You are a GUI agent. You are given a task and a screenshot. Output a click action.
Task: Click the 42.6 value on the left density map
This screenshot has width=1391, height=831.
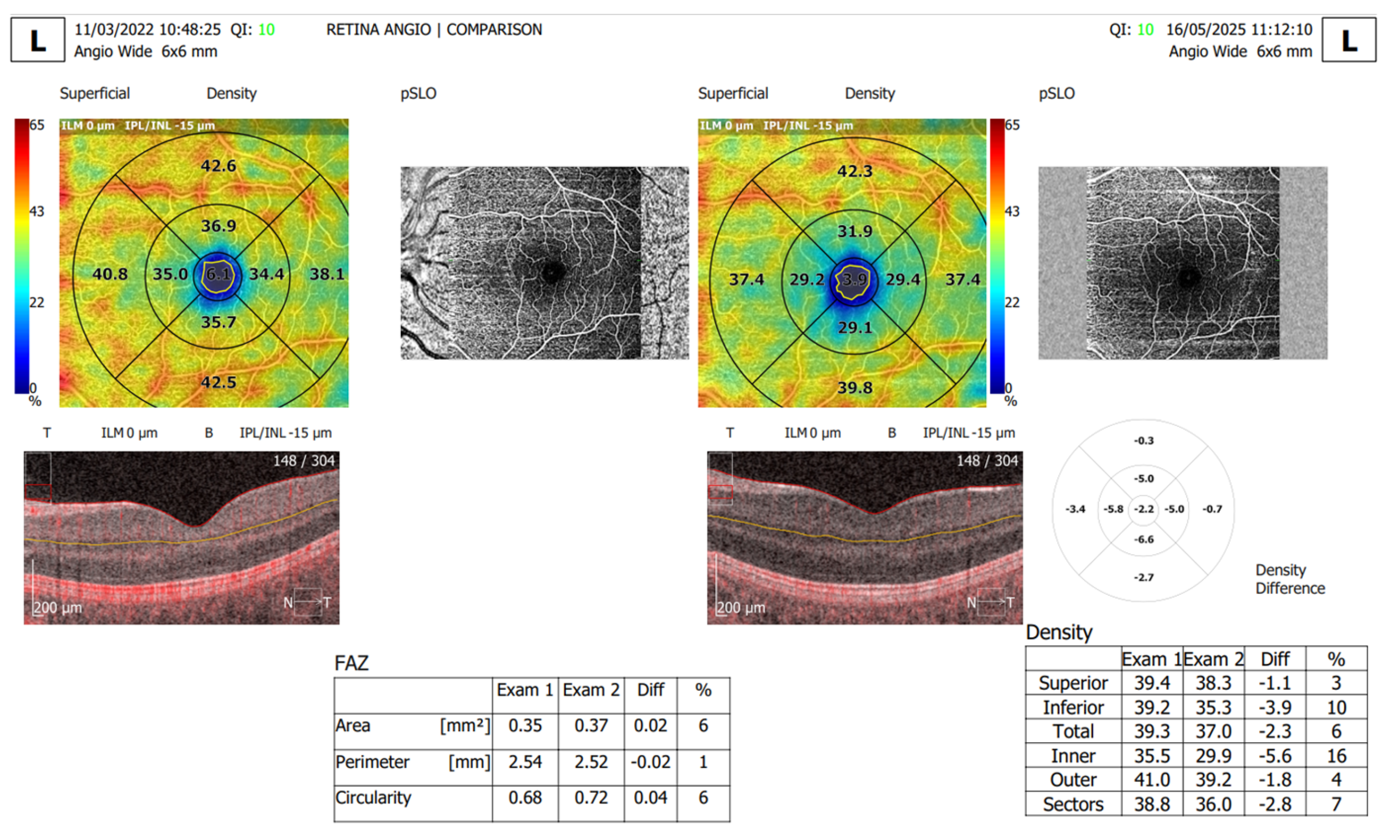pyautogui.click(x=219, y=166)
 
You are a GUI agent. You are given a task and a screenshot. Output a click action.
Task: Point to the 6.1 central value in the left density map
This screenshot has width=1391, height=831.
pyautogui.click(x=218, y=275)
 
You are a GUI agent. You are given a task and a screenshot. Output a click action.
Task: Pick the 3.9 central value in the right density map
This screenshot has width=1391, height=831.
pyautogui.click(x=854, y=279)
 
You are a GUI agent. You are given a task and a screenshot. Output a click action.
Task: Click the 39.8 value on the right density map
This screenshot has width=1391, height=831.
pyautogui.click(x=854, y=387)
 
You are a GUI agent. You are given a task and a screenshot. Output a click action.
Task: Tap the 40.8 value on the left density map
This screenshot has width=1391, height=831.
pyautogui.click(x=110, y=274)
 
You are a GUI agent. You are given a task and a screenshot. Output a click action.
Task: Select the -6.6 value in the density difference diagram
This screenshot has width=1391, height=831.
pyautogui.click(x=1144, y=539)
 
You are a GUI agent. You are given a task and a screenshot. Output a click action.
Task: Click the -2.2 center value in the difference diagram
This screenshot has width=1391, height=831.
pyautogui.click(x=1144, y=509)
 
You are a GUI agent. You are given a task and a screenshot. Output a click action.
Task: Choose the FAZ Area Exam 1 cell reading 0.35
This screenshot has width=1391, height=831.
pyautogui.click(x=525, y=725)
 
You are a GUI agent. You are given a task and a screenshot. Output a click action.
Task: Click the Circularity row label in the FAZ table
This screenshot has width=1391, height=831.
pyautogui.click(x=373, y=797)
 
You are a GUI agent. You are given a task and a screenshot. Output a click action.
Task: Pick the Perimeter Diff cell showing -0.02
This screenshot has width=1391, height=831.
pyautogui.click(x=650, y=762)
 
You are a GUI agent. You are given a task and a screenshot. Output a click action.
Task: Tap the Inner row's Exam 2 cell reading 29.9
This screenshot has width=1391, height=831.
pyautogui.click(x=1213, y=756)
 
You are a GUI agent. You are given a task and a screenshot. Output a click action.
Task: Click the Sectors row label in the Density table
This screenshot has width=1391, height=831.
pyautogui.click(x=1073, y=804)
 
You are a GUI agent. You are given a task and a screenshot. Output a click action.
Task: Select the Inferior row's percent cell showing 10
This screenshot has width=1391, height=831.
pyautogui.click(x=1336, y=707)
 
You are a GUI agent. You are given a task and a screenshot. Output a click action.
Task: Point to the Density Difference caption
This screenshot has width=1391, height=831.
pyautogui.click(x=1290, y=579)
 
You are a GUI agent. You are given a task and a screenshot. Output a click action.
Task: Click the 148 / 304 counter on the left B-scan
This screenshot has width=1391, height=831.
pyautogui.click(x=304, y=461)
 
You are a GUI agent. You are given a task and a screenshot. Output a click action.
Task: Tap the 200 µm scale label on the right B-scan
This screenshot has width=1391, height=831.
pyautogui.click(x=741, y=607)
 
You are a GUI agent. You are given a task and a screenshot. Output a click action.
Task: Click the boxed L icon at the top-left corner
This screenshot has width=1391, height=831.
pyautogui.click(x=37, y=40)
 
